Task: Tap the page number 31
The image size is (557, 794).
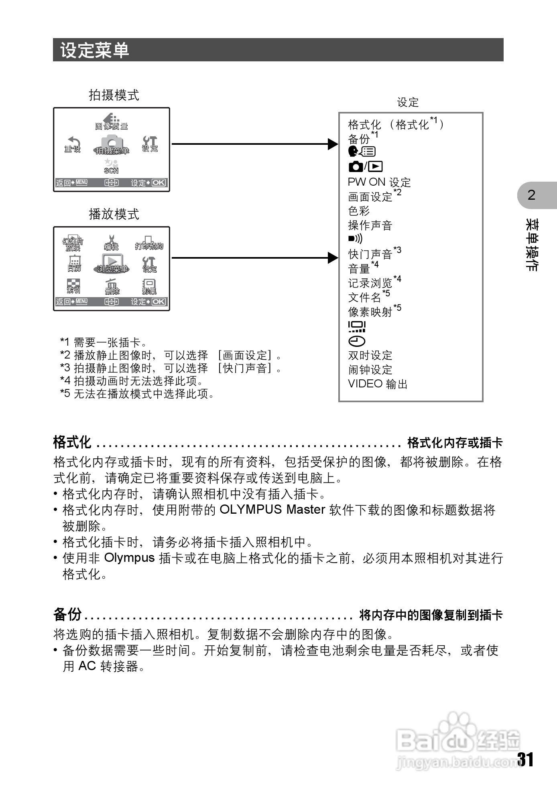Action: (x=525, y=760)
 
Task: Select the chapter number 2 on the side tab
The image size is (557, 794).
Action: (x=531, y=195)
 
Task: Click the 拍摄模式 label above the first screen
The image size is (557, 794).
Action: (x=114, y=95)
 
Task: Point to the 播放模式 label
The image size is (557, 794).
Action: (x=114, y=214)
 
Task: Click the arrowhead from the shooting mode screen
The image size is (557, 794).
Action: (x=333, y=144)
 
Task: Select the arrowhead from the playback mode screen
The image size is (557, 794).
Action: (x=333, y=258)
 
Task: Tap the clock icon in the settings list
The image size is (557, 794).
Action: (x=356, y=341)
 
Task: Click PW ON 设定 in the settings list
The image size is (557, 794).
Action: (x=379, y=182)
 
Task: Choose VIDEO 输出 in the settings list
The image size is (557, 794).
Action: (x=378, y=384)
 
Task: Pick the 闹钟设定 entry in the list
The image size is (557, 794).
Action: (x=370, y=370)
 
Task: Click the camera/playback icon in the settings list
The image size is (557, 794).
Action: (x=365, y=166)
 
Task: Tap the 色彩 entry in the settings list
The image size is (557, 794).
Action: (x=359, y=211)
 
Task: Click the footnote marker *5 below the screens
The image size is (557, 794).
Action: (x=65, y=394)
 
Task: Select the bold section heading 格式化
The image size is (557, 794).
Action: (x=72, y=443)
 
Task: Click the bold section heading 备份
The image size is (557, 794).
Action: (x=67, y=614)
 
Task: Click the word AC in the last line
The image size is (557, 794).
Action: (x=87, y=666)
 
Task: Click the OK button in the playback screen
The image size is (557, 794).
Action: (x=159, y=302)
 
